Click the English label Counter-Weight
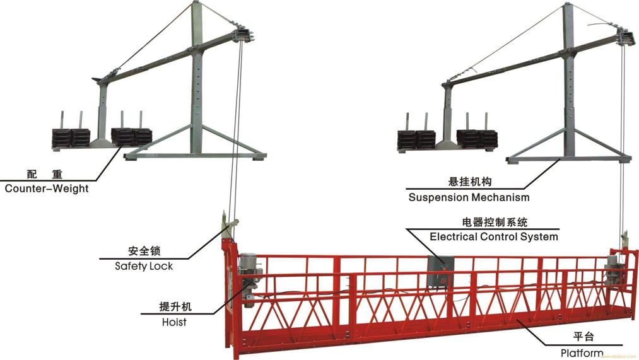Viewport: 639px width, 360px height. pos(47,188)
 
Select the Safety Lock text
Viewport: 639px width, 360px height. pos(144,266)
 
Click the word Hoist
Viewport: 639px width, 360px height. pos(174,322)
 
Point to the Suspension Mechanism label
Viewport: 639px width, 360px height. pos(469,197)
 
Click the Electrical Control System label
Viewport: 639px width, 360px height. pos(494,237)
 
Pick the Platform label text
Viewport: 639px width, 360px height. pos(582,353)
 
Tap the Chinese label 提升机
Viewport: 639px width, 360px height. pos(175,308)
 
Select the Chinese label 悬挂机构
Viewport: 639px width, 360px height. pos(469,182)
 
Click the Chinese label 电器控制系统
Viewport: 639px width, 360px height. pos(495,222)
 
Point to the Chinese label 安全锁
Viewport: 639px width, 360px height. pos(144,251)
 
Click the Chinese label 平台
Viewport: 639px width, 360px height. pos(583,337)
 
